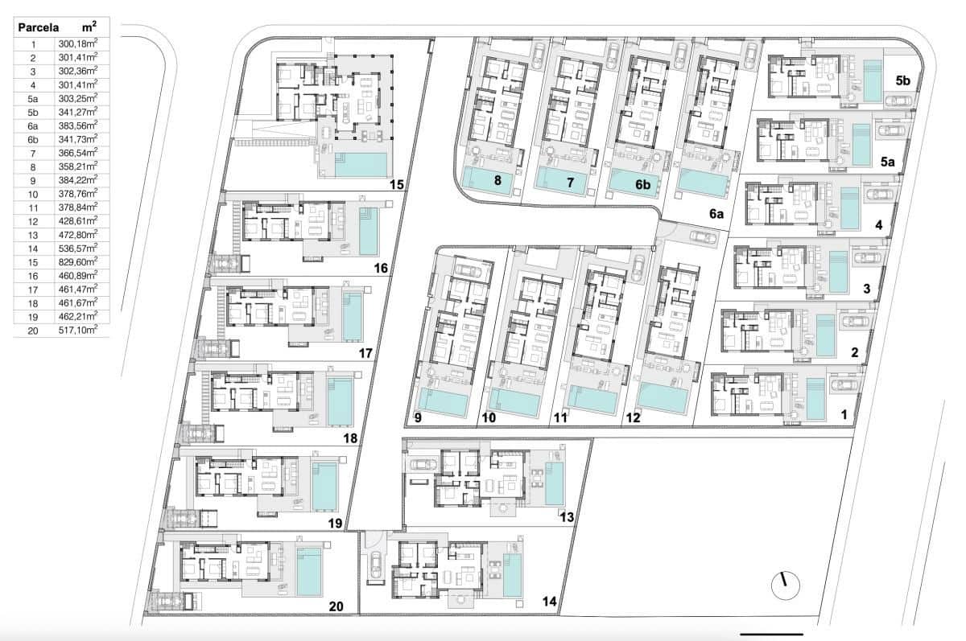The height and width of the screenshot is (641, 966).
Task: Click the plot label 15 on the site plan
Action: pos(396,185)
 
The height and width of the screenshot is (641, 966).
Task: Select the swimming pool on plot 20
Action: pos(309,572)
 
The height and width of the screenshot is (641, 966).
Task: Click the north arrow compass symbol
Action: pos(782,585)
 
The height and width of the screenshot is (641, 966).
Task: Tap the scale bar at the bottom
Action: pos(770,635)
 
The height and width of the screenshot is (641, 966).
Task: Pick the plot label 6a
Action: pos(716,214)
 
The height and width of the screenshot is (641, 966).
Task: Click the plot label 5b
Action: pos(902,80)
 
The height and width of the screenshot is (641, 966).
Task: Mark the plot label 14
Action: pos(549,601)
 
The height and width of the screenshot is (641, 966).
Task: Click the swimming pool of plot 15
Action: pos(359,165)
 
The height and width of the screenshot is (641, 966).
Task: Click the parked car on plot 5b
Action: pos(898,101)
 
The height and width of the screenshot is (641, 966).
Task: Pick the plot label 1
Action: pos(844,415)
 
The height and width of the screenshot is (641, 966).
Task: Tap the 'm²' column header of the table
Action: pos(89,27)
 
